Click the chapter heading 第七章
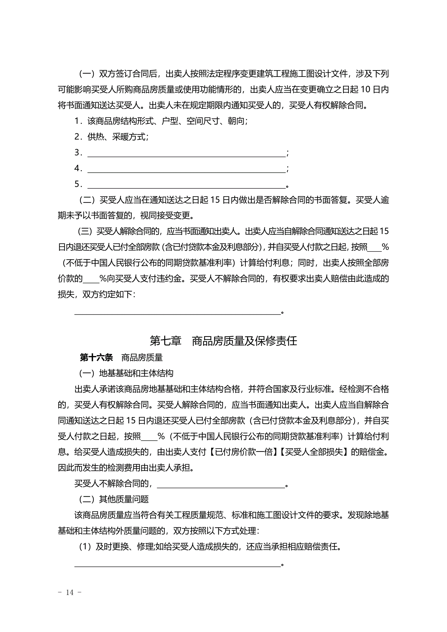166,341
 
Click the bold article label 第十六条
96,357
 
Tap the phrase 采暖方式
129,137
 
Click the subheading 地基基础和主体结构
136,373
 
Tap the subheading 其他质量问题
124,499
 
